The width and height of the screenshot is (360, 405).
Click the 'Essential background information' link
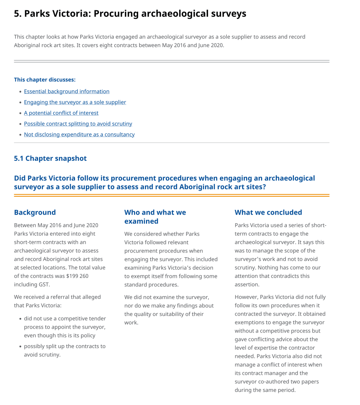tap(66, 91)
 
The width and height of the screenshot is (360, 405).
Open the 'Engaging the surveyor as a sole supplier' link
tap(75, 102)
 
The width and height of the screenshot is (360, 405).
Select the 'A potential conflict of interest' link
tap(61, 113)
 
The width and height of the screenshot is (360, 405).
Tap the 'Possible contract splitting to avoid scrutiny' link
tap(78, 124)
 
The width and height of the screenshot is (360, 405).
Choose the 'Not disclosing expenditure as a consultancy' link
tap(79, 135)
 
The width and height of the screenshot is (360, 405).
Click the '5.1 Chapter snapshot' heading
tap(50, 158)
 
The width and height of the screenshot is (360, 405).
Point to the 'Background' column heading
tap(35, 213)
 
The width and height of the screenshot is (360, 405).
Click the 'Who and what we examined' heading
tap(155, 217)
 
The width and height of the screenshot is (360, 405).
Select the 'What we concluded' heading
tap(268, 213)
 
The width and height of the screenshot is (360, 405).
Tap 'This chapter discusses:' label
tap(45, 80)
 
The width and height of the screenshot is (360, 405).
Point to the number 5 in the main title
tap(17, 14)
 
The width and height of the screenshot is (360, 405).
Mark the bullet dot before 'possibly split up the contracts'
tap(20, 346)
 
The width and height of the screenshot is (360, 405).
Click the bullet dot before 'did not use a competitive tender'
tap(20, 319)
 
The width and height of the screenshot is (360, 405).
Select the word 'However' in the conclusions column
tap(246, 297)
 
